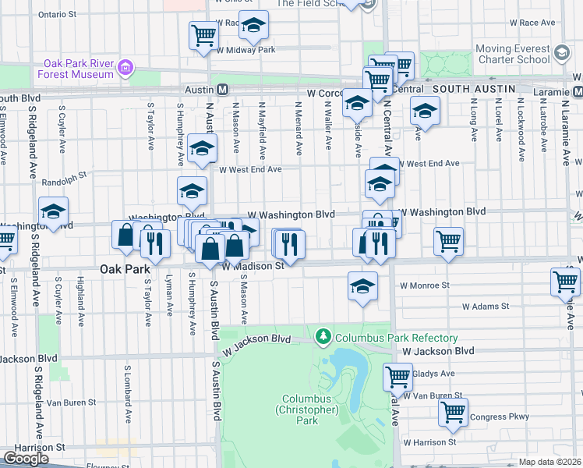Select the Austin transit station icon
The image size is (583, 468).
pos(222,90)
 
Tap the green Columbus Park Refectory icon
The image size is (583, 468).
pos(323,337)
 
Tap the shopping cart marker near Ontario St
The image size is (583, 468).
pos(203,34)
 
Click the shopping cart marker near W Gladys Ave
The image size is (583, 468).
pos(397,378)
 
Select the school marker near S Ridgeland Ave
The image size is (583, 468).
pos(53,211)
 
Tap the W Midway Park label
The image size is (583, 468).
pos(246,50)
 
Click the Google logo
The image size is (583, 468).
pos(26,459)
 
